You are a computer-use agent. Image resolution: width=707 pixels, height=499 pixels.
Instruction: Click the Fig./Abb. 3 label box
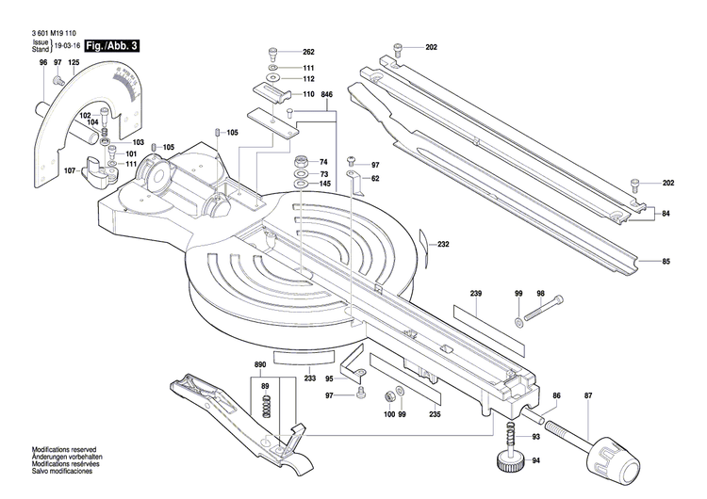111,45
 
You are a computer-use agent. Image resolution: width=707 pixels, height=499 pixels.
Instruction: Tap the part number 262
308,51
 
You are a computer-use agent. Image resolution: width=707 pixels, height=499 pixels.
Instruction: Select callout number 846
327,96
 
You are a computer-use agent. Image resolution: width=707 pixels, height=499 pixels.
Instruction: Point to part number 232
443,245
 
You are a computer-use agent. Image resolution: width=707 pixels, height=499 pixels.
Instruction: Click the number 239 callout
476,296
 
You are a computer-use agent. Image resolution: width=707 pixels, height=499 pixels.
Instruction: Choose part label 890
260,363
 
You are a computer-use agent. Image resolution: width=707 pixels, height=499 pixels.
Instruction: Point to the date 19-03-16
68,44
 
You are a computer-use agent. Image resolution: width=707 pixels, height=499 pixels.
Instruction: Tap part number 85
666,261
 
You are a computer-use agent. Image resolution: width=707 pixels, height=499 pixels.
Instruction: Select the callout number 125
74,62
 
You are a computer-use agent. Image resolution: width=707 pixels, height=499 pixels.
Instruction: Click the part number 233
310,378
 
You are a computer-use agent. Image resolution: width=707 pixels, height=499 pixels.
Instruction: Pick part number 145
324,184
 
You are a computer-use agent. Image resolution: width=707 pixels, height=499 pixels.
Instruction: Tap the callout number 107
70,170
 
